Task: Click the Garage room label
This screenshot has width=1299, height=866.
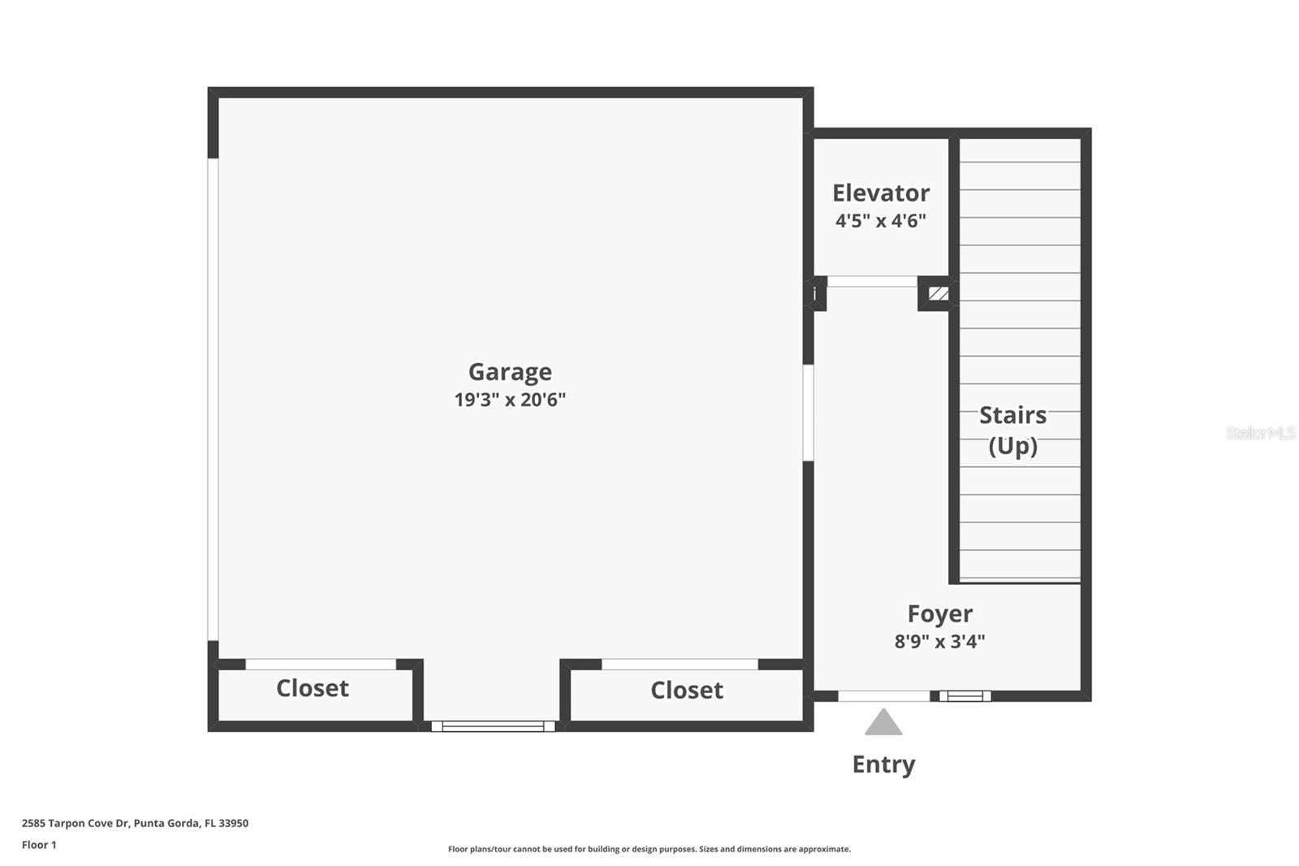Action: [x=510, y=372]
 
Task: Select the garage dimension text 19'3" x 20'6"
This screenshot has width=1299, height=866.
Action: [x=510, y=400]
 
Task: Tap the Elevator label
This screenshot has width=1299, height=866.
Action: [x=881, y=193]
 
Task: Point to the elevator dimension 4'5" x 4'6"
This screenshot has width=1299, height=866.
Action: [x=881, y=221]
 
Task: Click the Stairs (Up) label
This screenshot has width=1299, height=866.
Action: [x=1012, y=431]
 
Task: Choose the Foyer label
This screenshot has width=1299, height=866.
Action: [x=939, y=614]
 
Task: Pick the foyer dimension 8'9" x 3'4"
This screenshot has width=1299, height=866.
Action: [x=939, y=642]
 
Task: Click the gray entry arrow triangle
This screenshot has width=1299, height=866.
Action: [x=883, y=723]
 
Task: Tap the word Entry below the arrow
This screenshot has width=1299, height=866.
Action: [x=883, y=764]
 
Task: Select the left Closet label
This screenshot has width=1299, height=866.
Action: [x=313, y=689]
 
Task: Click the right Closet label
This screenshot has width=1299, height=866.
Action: [x=686, y=691]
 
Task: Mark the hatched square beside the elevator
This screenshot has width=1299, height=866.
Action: [x=939, y=293]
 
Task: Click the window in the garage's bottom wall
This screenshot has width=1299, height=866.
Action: [x=493, y=726]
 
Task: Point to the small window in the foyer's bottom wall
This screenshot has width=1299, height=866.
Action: [x=965, y=696]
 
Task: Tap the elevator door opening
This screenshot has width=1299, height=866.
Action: [x=872, y=282]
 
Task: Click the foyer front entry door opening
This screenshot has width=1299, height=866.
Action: [x=883, y=696]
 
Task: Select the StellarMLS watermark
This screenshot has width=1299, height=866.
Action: [x=1260, y=433]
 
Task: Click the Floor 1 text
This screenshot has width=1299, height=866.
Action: [x=39, y=845]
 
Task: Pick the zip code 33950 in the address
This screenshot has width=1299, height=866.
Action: [x=233, y=823]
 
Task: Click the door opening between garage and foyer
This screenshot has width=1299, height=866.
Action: [x=809, y=413]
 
